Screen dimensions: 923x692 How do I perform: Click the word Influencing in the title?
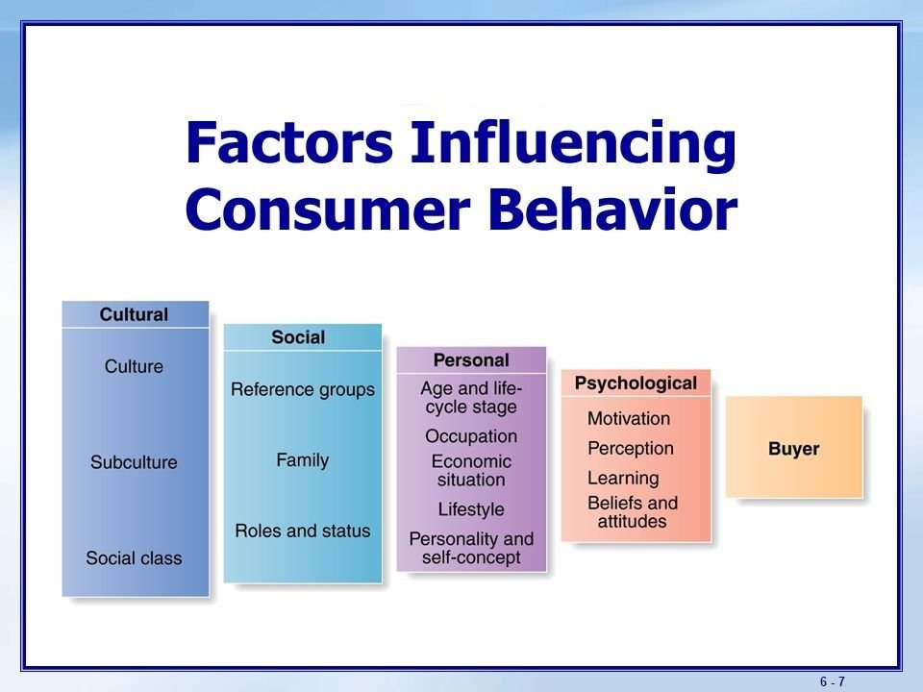(x=573, y=144)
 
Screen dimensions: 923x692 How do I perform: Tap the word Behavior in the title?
(x=612, y=210)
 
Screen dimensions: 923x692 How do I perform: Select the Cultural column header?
(x=135, y=314)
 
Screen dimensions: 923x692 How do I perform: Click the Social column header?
(x=298, y=337)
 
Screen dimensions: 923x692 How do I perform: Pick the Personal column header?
(x=471, y=360)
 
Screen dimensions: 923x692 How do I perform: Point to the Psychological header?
(x=636, y=383)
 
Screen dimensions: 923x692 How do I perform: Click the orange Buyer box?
(x=793, y=447)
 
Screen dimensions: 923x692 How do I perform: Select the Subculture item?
(x=134, y=462)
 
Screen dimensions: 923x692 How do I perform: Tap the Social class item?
(x=134, y=557)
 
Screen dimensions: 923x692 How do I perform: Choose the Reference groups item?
(x=303, y=389)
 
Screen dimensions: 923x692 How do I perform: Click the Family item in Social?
(x=303, y=459)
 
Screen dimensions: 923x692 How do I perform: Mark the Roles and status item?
(x=303, y=531)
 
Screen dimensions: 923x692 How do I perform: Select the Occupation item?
(x=471, y=436)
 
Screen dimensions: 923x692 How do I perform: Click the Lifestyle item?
(x=471, y=509)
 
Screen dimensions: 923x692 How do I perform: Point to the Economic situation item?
(x=471, y=470)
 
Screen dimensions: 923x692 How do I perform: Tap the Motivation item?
(x=629, y=418)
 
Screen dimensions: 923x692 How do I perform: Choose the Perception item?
(x=631, y=449)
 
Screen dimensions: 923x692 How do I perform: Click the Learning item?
(x=623, y=478)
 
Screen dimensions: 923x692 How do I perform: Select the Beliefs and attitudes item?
(x=633, y=512)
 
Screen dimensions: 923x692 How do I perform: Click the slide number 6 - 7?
(x=833, y=681)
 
